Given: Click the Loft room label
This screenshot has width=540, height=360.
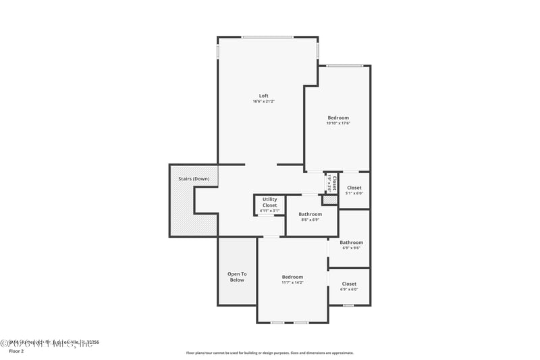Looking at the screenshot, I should tap(263, 95).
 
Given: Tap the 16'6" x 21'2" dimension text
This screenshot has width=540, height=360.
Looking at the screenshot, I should tap(263, 101).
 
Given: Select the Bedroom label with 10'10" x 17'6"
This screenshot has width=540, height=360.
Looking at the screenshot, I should tap(338, 118).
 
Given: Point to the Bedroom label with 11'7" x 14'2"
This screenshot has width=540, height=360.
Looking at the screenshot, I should tap(292, 277).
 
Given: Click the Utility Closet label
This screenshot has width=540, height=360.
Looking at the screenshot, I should tap(269, 202).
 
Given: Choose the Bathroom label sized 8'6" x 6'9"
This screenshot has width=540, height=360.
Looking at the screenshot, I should tap(310, 214).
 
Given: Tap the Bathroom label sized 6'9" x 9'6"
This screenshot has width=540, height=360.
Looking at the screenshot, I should tap(351, 242).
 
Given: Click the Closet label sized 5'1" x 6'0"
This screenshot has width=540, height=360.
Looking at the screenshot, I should tap(354, 188).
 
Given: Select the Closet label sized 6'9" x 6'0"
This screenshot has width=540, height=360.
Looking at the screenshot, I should tap(349, 284).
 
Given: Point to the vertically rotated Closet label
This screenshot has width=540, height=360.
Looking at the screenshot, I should tap(334, 182).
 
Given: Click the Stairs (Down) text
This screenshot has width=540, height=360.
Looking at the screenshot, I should tap(194, 178).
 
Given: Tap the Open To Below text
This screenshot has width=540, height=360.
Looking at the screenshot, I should tap(237, 277).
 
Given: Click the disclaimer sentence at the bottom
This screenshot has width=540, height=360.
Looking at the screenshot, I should tap(269, 353).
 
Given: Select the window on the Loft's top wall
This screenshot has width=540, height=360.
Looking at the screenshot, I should tap(268, 36).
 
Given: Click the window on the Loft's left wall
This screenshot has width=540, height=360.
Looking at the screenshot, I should tap(217, 51).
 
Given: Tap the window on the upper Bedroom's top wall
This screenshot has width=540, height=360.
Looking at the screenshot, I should tap(345, 66).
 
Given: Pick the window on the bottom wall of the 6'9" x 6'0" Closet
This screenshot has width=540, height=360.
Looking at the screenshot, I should tap(348, 305).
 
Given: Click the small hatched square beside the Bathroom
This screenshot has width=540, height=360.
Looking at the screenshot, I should tap(329, 201).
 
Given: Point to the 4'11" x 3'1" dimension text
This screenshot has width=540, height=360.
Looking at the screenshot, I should tap(269, 211).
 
